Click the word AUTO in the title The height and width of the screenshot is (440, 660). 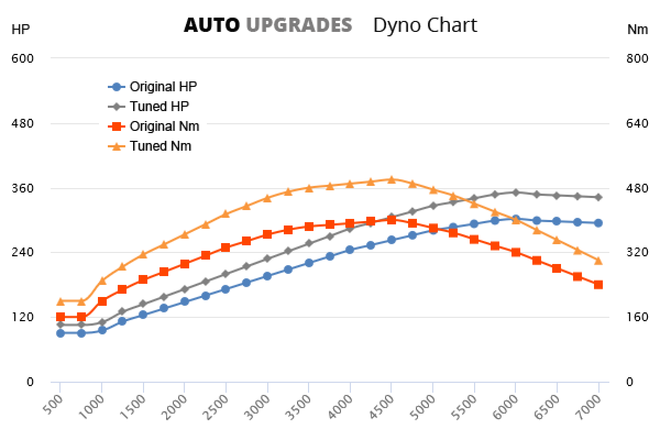211,25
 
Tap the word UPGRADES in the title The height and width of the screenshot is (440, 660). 299,25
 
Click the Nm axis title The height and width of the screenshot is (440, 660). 637,30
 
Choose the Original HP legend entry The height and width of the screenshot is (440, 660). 163,86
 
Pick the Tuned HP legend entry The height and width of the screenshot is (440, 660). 159,106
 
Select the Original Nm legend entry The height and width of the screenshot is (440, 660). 164,126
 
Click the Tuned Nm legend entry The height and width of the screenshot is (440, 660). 160,146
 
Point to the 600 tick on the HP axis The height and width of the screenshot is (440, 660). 23,58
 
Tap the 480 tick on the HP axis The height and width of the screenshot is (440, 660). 23,123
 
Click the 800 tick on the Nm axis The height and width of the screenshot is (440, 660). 637,58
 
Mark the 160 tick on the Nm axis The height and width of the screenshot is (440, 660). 637,317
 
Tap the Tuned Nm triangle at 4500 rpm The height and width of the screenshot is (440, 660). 391,179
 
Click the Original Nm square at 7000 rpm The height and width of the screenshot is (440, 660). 598,284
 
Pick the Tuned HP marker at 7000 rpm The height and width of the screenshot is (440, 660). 598,197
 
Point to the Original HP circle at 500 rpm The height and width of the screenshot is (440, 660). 61,333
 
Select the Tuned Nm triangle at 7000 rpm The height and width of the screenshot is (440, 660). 598,260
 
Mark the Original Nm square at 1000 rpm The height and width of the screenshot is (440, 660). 102,301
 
